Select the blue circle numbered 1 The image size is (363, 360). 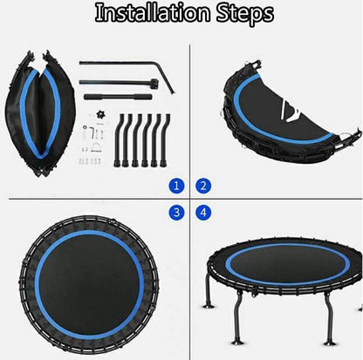point(177,186)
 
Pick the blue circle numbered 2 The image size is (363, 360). point(203,186)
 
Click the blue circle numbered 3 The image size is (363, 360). point(177,212)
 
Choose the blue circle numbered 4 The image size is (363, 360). point(203,212)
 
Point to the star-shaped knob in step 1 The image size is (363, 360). point(97,115)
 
